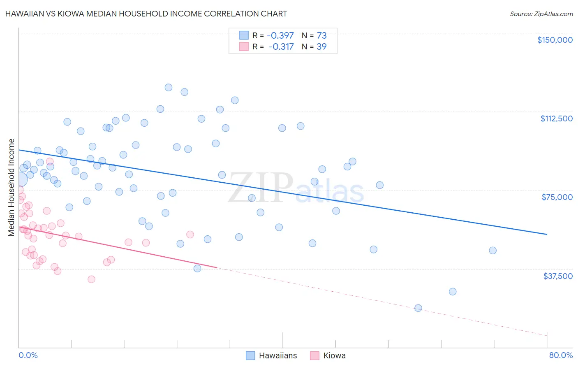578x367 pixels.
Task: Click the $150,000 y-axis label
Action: coord(555,40)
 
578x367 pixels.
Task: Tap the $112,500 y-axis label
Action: coord(556,118)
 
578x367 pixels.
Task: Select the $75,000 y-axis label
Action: coord(557,197)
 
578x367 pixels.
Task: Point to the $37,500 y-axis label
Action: coord(558,276)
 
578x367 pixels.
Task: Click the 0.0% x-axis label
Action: coord(28,355)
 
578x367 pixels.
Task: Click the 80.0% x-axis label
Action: coord(561,355)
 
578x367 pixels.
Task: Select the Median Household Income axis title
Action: coord(12,188)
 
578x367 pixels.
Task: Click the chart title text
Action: coord(146,14)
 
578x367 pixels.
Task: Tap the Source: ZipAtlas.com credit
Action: coord(541,14)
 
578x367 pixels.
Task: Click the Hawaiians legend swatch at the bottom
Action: coord(250,355)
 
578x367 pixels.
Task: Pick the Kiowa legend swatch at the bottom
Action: coord(315,355)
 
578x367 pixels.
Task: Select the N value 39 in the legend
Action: coord(321,46)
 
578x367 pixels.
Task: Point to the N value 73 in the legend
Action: coord(321,35)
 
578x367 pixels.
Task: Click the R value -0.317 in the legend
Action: coord(282,46)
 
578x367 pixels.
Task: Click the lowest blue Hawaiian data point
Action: coord(418,308)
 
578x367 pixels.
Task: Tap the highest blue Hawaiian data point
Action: coord(169,87)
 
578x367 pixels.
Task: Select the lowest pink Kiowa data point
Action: coord(91,279)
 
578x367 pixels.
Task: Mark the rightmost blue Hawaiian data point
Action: coord(492,251)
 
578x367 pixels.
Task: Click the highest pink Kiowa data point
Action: coord(50,162)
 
